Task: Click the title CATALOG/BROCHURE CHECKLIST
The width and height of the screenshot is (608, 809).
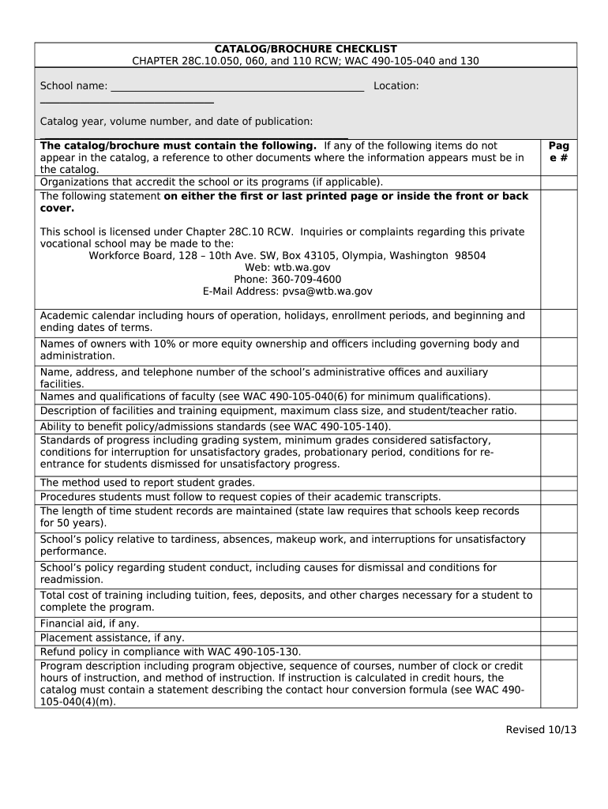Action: [x=306, y=49]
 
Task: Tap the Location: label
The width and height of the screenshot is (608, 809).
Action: [x=396, y=85]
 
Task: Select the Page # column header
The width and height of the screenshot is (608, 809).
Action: [x=558, y=152]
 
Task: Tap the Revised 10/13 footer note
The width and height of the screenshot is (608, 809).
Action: [x=541, y=729]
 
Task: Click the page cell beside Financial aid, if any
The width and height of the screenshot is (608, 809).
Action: [x=558, y=623]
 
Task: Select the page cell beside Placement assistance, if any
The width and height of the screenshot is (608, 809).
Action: [x=558, y=638]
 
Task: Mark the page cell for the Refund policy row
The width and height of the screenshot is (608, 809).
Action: [x=558, y=652]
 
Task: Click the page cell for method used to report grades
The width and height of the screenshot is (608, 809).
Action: [x=558, y=483]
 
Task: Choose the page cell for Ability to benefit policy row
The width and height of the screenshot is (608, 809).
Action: [x=558, y=427]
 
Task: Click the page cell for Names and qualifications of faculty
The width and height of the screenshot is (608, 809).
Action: [x=558, y=397]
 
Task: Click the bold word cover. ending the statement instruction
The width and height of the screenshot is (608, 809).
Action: [x=57, y=208]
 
